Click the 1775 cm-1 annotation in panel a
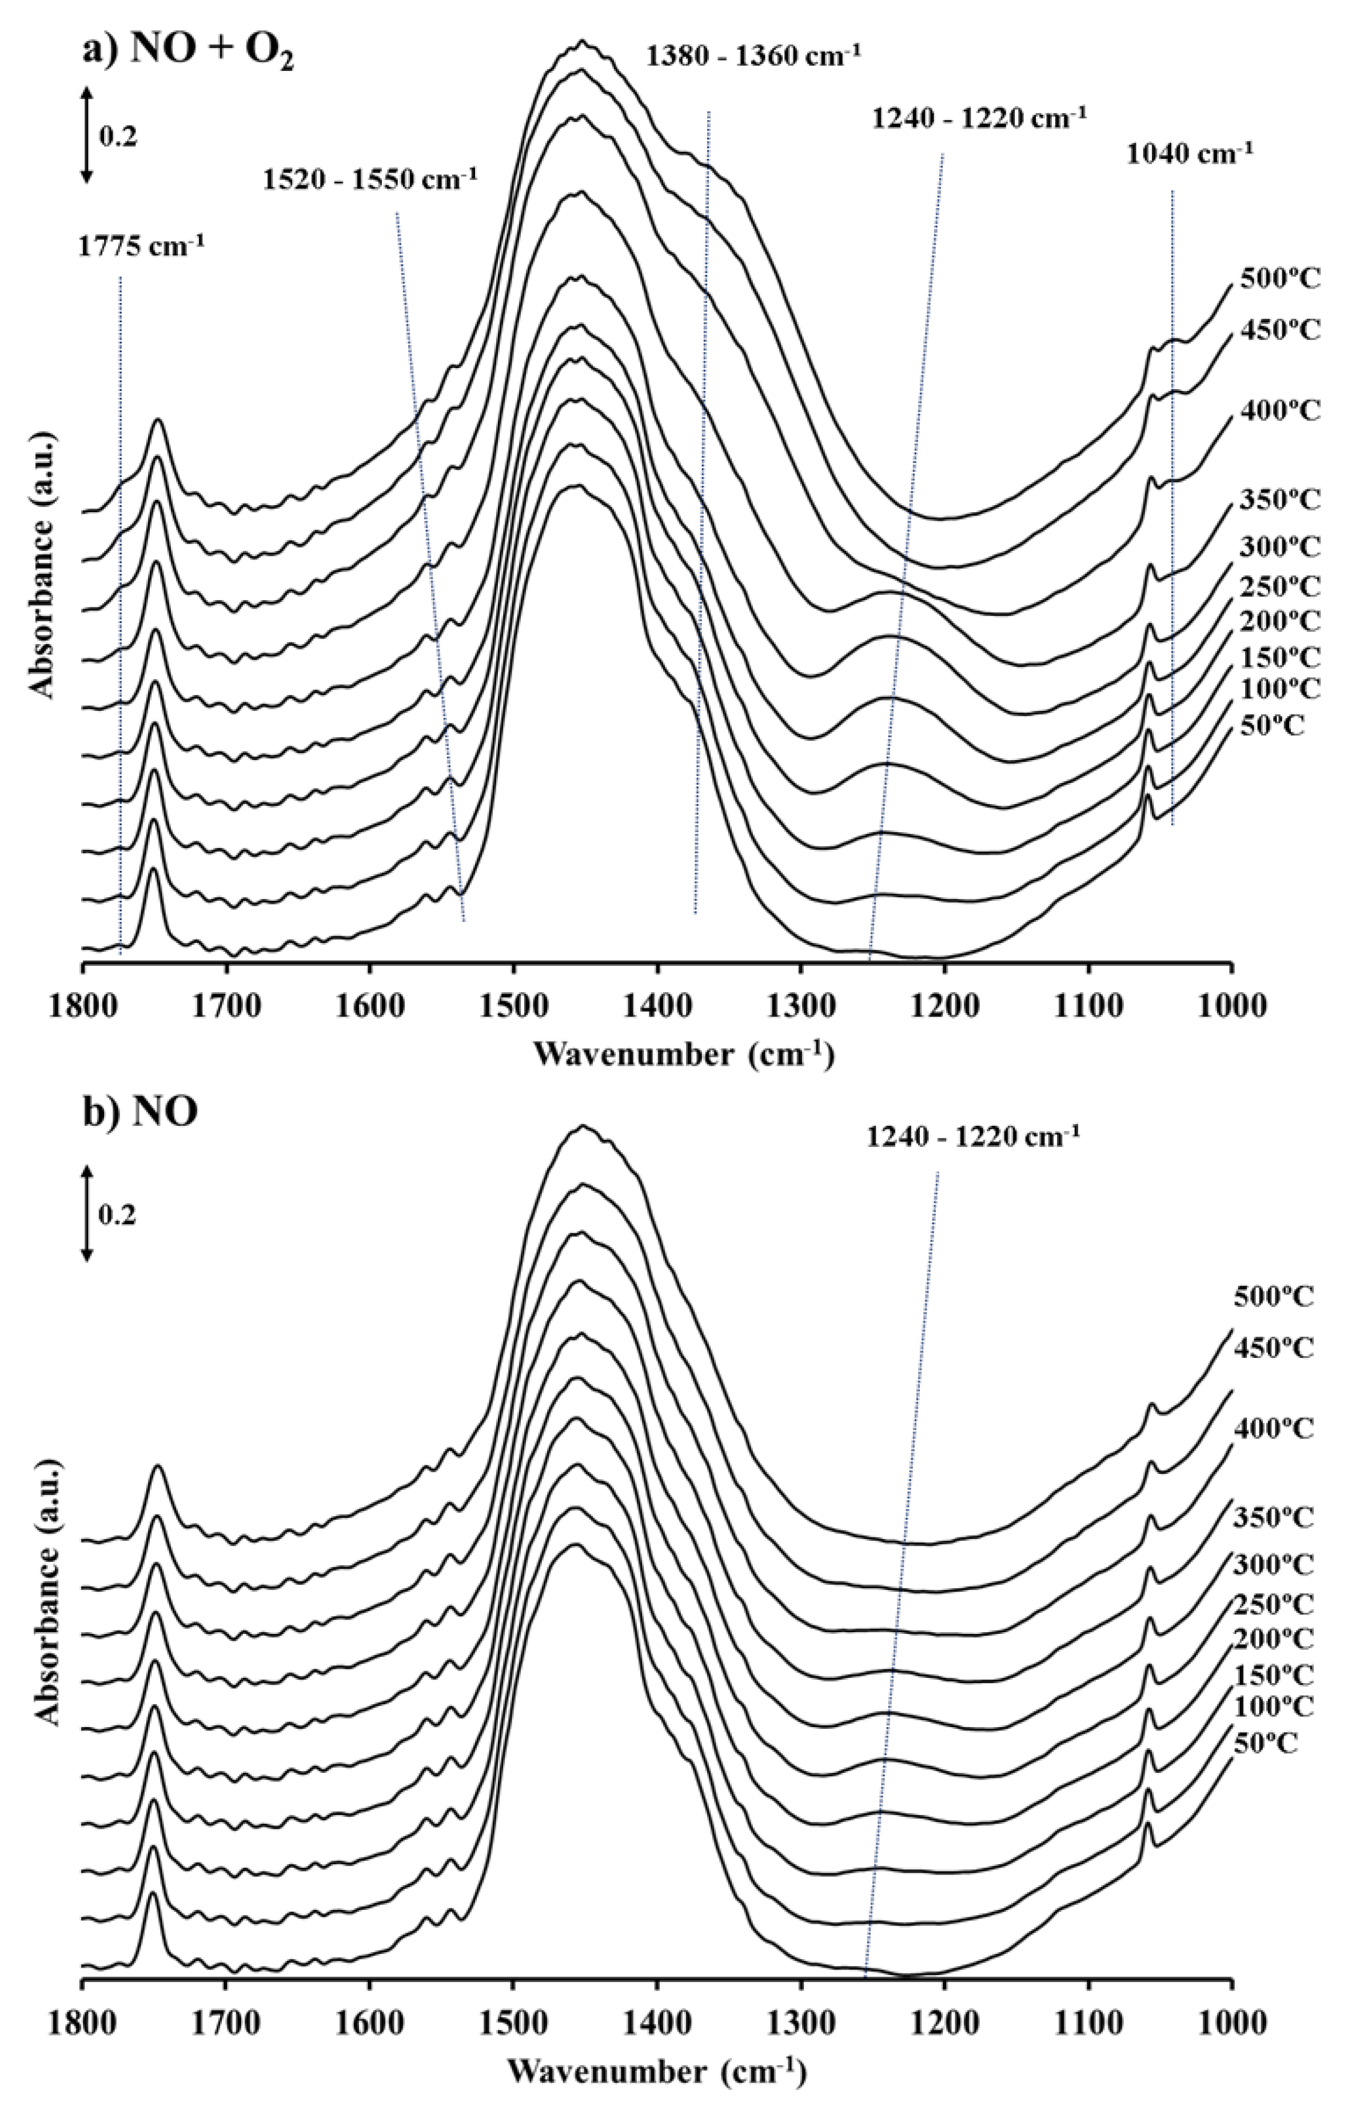141,245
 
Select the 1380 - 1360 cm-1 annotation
753,56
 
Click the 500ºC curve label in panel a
1280,281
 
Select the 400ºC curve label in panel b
1273,1428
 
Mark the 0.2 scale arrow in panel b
86,1214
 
